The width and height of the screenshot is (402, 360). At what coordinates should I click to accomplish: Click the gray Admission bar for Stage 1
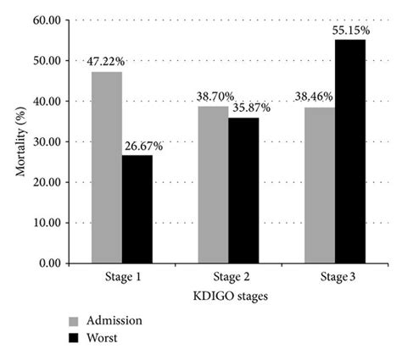(107, 168)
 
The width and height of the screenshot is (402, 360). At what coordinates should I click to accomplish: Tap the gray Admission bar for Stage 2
(213, 185)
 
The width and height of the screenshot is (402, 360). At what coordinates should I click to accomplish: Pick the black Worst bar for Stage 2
(243, 191)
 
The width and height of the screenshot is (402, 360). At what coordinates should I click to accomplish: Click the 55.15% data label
(350, 30)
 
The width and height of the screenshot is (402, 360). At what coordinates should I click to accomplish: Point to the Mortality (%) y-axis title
(20, 141)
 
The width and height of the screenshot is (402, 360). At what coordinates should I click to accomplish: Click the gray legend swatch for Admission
(75, 321)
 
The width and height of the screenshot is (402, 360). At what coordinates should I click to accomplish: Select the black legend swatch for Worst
(75, 337)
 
